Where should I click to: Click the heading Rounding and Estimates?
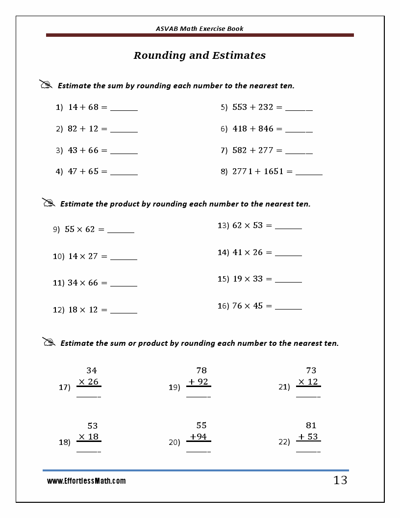[200, 55]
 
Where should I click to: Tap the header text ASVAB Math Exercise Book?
[200, 28]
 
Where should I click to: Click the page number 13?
[340, 480]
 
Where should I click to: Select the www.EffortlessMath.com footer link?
[86, 481]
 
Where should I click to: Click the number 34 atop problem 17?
[92, 370]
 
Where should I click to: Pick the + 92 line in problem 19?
[199, 382]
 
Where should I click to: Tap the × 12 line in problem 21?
[308, 382]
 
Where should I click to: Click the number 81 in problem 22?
[311, 425]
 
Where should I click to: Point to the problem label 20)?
[175, 442]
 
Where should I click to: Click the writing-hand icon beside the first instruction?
[46, 84]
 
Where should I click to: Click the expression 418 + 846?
[253, 129]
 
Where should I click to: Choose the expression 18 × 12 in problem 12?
[83, 310]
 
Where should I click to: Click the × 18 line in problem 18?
[89, 437]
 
